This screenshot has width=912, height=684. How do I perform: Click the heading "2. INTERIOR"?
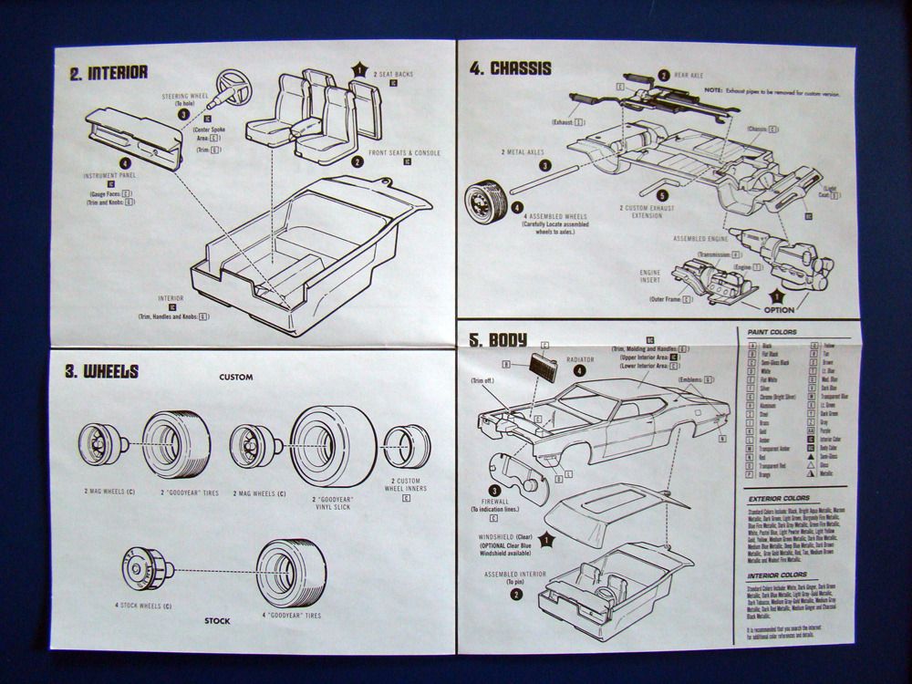(x=109, y=73)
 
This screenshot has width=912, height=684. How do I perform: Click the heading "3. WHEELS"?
(x=101, y=372)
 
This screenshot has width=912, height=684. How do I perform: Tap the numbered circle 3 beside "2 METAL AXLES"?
(x=544, y=166)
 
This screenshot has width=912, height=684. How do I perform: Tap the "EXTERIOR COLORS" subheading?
(x=777, y=500)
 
